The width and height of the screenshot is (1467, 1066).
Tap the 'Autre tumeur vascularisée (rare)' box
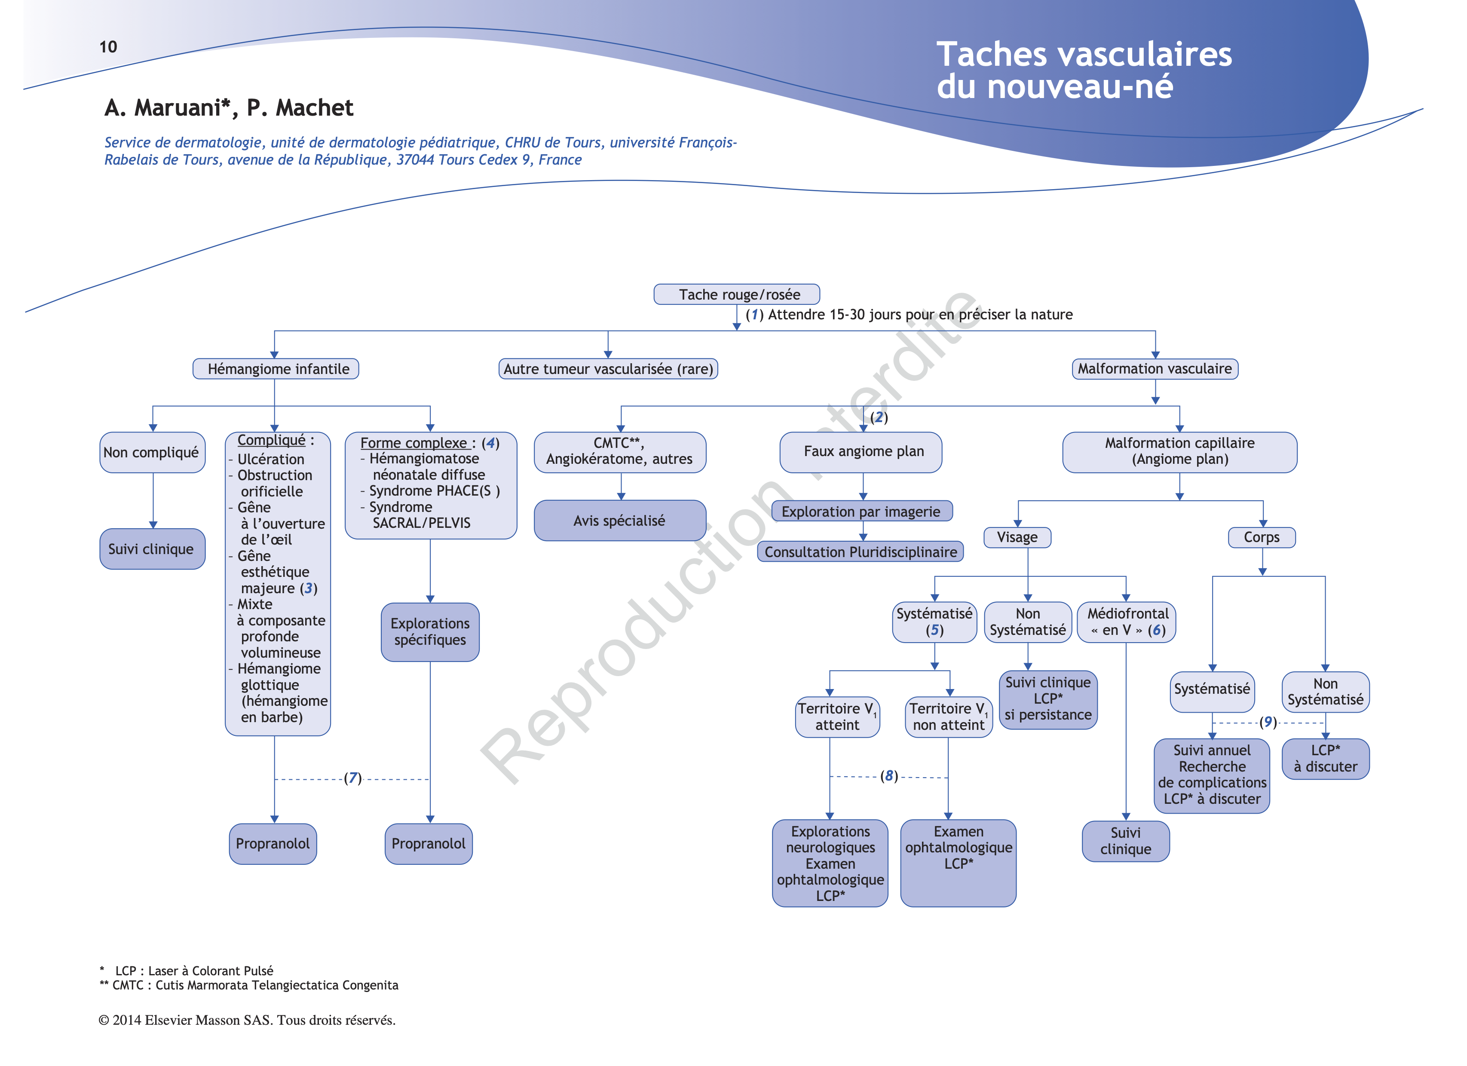click(608, 369)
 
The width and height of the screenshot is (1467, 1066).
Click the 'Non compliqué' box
click(152, 452)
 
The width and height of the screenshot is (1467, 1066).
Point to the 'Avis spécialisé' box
click(620, 520)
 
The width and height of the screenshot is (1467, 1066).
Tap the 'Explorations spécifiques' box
click(430, 632)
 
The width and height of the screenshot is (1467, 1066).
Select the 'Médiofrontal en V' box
click(1126, 622)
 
